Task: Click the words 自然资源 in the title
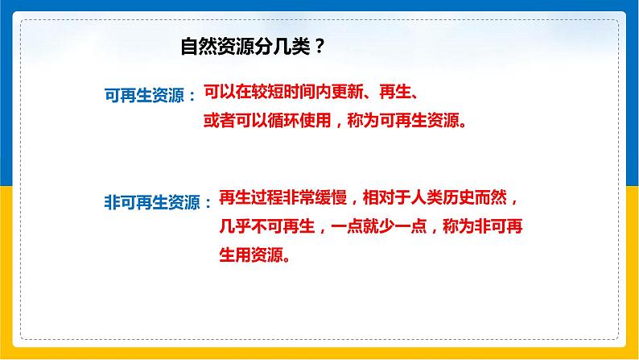coord(213,48)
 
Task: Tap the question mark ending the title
coord(320,48)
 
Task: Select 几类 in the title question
coord(286,48)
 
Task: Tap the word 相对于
coord(385,198)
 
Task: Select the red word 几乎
coord(219,228)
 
